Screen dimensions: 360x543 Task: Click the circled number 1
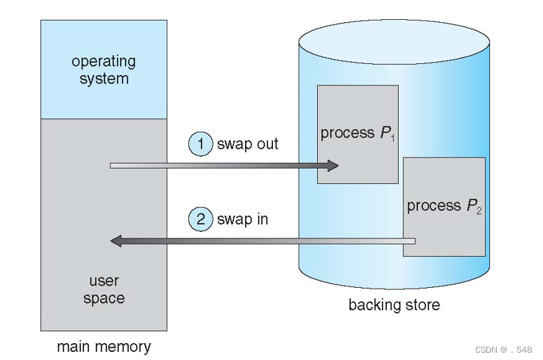[199, 144]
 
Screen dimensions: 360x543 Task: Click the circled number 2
[199, 219]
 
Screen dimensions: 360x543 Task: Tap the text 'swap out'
[247, 144]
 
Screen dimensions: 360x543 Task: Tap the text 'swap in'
[242, 219]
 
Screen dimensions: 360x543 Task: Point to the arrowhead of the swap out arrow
[333, 166]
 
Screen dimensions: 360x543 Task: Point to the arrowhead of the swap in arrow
[116, 241]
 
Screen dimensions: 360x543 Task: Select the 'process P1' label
[358, 134]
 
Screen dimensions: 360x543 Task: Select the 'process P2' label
[444, 206]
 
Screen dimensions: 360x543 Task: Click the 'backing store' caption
[394, 305]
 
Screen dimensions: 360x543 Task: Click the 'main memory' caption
[104, 346]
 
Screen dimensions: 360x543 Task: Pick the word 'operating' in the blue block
[104, 61]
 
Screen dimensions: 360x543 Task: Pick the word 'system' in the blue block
[104, 79]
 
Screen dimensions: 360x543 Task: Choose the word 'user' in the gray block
[104, 280]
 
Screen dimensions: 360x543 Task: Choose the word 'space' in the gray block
[104, 298]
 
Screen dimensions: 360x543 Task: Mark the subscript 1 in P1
[394, 138]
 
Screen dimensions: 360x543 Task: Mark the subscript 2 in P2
[479, 211]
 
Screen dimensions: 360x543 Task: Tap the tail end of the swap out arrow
[113, 166]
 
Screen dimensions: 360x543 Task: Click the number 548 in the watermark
[524, 350]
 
